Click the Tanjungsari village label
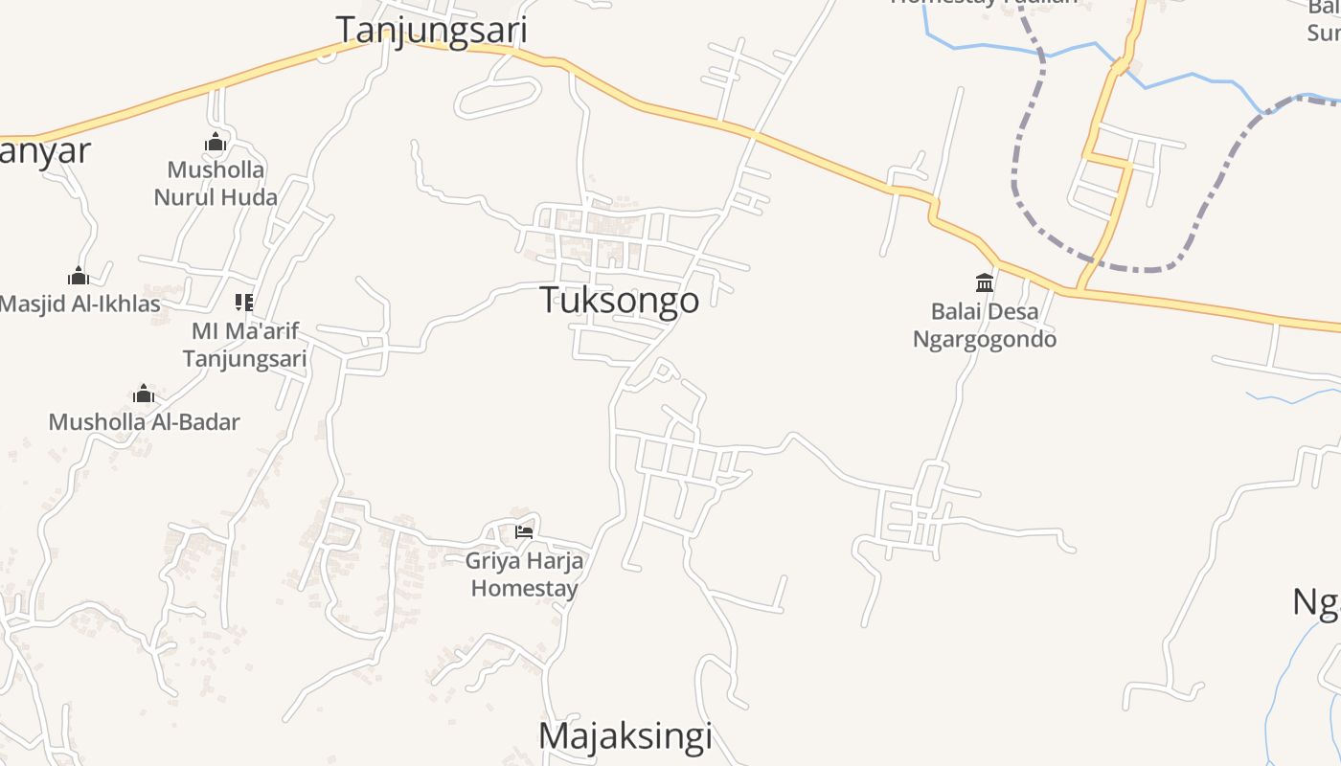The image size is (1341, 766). pyautogui.click(x=431, y=30)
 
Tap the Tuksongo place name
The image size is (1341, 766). pyautogui.click(x=620, y=301)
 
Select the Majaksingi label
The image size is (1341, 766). pyautogui.click(x=625, y=736)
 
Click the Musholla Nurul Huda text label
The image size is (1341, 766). pyautogui.click(x=216, y=184)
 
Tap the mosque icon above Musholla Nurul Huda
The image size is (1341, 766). pyautogui.click(x=216, y=144)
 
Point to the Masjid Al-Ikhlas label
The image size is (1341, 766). pyautogui.click(x=80, y=304)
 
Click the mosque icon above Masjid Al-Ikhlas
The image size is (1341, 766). pyautogui.click(x=79, y=277)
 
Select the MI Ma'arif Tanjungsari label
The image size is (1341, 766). pyautogui.click(x=245, y=345)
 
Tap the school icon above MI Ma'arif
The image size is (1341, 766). pyautogui.click(x=244, y=303)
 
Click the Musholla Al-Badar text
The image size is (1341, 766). pyautogui.click(x=144, y=422)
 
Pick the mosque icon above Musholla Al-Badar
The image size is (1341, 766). pyautogui.click(x=144, y=394)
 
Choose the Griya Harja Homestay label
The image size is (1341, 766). pyautogui.click(x=524, y=574)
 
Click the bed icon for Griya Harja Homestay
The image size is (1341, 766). pyautogui.click(x=524, y=532)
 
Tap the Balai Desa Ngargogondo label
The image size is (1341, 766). pyautogui.click(x=985, y=326)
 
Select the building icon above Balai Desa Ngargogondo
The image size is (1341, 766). pyautogui.click(x=985, y=282)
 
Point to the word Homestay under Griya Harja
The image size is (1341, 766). pyautogui.click(x=524, y=588)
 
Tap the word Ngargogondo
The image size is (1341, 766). pyautogui.click(x=985, y=340)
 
